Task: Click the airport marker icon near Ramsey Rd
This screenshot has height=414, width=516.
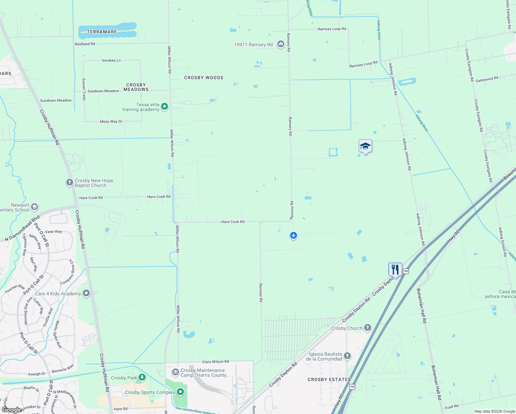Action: pos(294,235)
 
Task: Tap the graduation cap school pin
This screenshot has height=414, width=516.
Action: pos(365,146)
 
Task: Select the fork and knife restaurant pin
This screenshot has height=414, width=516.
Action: pos(395,269)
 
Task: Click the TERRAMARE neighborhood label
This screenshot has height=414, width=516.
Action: pos(102,32)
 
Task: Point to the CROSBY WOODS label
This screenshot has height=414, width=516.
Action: pos(204,78)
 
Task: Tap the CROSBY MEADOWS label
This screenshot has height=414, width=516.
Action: pos(136,87)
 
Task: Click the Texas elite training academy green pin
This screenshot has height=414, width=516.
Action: pos(165,107)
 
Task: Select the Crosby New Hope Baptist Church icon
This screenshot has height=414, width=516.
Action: pos(70,182)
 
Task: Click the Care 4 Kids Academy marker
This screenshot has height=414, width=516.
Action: pos(86,294)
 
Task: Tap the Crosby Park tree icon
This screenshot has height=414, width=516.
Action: pos(142,378)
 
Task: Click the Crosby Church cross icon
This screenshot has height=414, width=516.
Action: pos(368,328)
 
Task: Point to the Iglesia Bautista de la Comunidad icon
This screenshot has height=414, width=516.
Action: pos(347,356)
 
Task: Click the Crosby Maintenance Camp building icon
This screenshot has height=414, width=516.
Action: pos(175,372)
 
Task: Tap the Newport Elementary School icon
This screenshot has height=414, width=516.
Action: pos(34,207)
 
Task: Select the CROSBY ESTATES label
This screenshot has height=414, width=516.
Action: pos(329,379)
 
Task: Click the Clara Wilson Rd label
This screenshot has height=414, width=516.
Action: pos(215,362)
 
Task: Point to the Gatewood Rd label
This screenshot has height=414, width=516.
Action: pos(487,79)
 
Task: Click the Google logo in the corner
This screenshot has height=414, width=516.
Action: pos(11,410)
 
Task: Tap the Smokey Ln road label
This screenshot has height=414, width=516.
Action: pos(111,60)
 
